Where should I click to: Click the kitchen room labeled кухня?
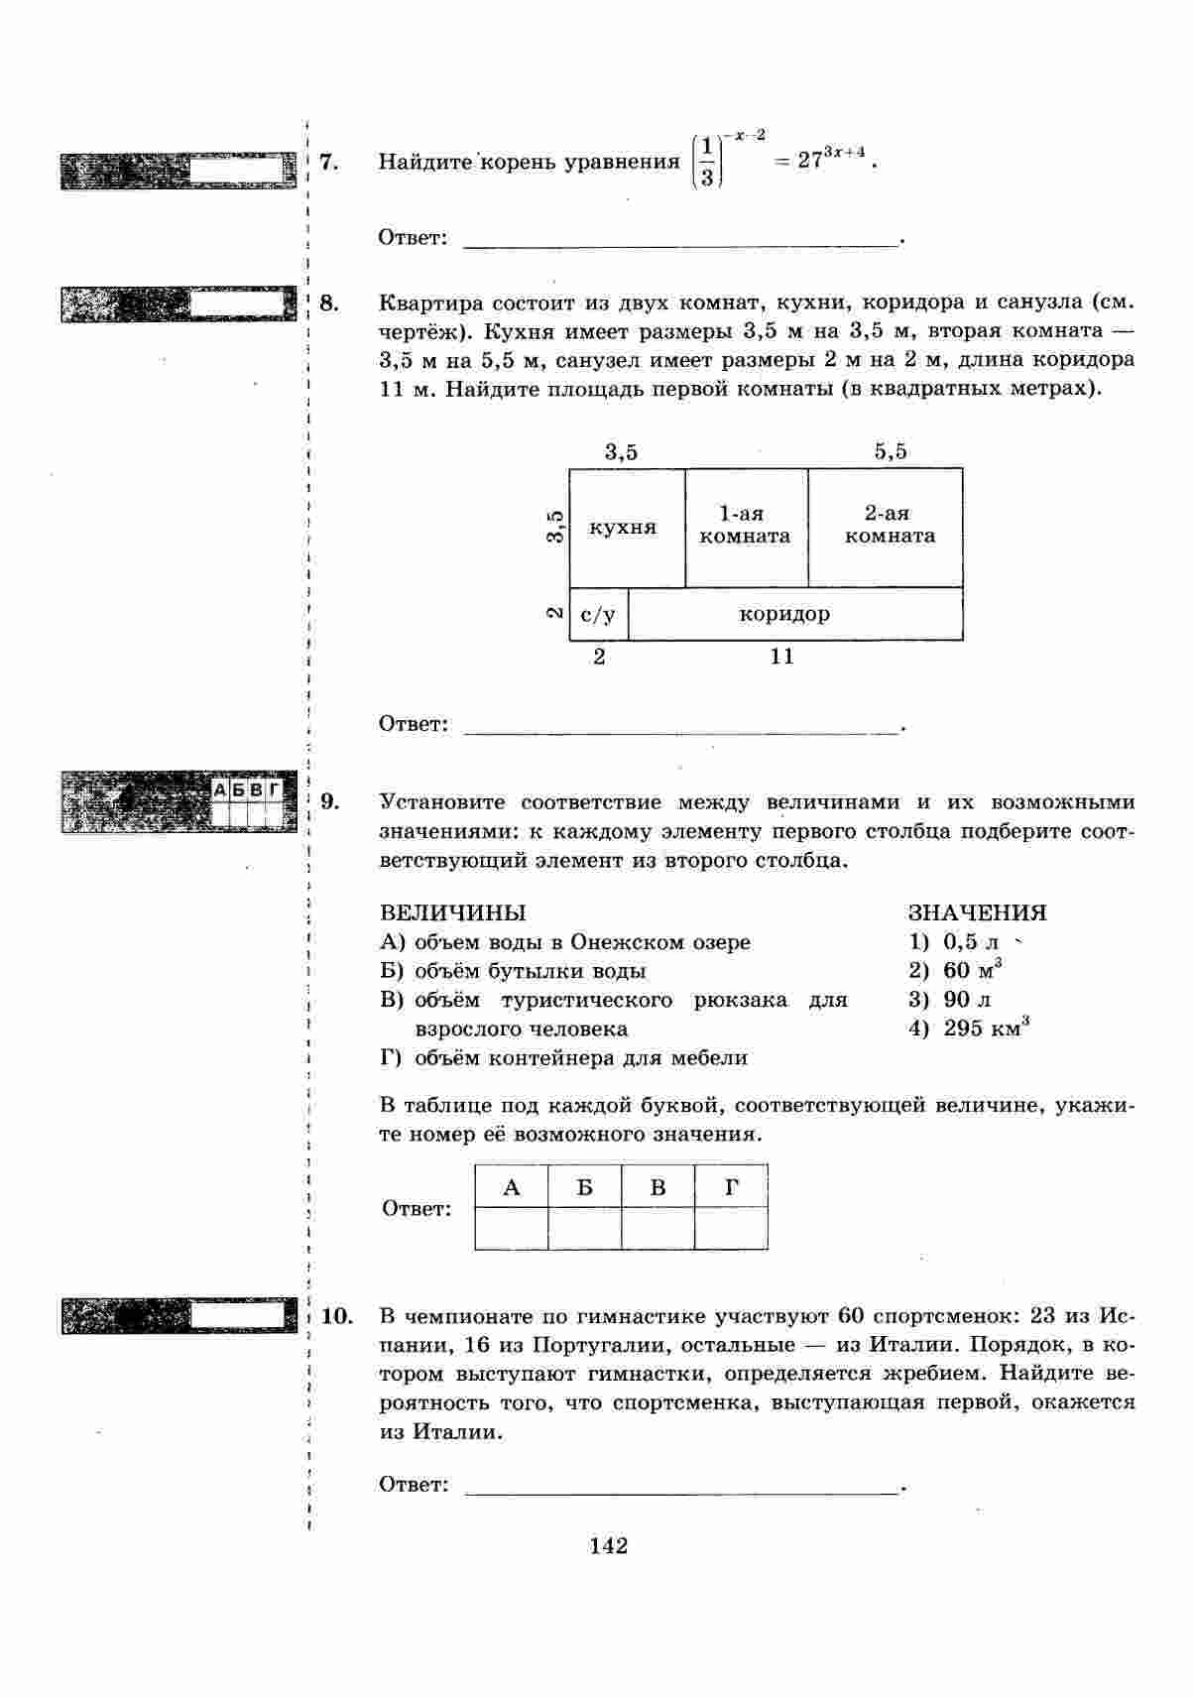coord(623,528)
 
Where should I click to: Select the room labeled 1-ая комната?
coord(745,526)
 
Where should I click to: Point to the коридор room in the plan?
coord(784,614)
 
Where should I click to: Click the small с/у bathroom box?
coord(598,615)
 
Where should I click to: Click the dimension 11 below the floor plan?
coord(782,657)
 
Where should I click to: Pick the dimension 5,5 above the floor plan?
coord(891,452)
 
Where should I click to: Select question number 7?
coord(330,162)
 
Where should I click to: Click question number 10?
coord(337,1316)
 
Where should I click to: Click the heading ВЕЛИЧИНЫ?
coord(453,912)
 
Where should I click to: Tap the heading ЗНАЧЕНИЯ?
coord(977,912)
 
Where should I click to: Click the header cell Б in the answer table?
coord(585,1187)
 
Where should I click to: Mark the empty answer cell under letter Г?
coord(731,1228)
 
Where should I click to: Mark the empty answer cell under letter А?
coord(512,1228)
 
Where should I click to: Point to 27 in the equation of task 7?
coord(810,162)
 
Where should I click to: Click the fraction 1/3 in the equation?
coord(705,163)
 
